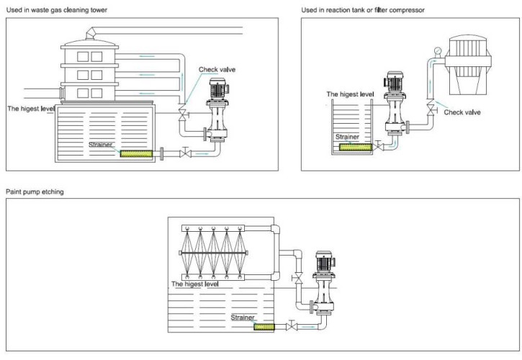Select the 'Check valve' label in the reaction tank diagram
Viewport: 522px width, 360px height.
pyautogui.click(x=462, y=112)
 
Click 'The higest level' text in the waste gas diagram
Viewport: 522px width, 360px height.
pyautogui.click(x=31, y=109)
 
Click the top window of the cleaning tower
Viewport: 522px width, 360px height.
pyautogui.click(x=81, y=54)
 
